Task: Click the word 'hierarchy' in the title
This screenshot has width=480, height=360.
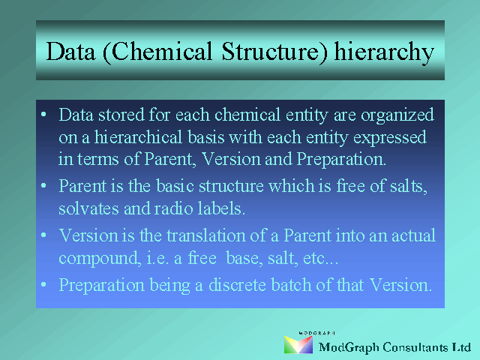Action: click(x=384, y=52)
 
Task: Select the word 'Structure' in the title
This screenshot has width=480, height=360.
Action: click(x=274, y=51)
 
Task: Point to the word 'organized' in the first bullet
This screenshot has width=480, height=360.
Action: click(x=397, y=115)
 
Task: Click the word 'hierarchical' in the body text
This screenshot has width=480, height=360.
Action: click(x=138, y=137)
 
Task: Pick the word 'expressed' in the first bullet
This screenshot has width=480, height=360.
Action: click(x=390, y=138)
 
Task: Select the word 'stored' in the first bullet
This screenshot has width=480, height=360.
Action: click(x=121, y=115)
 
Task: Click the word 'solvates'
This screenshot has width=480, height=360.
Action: click(x=88, y=208)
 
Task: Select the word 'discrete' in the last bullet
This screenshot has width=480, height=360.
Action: click(x=237, y=285)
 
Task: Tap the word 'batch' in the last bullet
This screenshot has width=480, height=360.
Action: click(x=291, y=285)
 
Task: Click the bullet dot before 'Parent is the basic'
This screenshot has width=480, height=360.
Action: click(x=43, y=185)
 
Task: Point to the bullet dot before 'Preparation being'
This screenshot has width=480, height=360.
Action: click(x=43, y=284)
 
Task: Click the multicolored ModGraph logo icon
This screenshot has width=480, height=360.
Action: click(x=298, y=345)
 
